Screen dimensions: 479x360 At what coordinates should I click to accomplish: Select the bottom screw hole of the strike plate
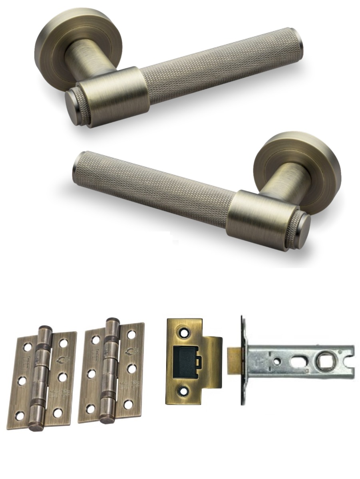click(x=184, y=392)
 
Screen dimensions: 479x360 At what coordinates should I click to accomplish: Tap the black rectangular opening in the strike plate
click(x=186, y=362)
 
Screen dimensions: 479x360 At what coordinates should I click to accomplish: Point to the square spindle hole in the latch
click(x=322, y=362)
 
